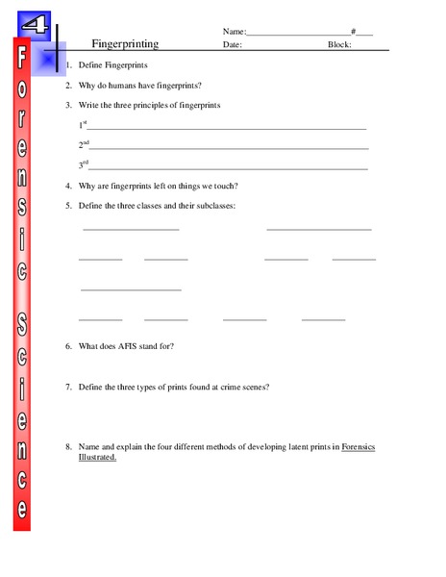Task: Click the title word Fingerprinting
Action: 124,44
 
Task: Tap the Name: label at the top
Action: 235,31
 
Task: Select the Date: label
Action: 233,44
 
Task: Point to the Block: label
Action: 340,44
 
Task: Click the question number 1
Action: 68,65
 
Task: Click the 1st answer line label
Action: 83,125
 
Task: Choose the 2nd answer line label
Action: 84,145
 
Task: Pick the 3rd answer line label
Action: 83,164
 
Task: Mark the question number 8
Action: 68,447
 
